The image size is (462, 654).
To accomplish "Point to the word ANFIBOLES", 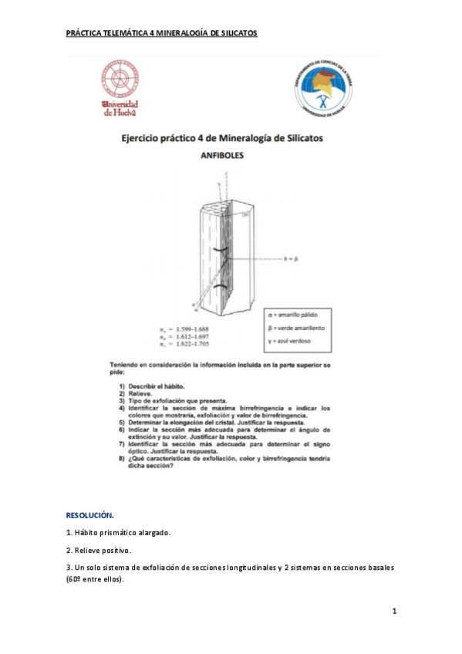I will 223,155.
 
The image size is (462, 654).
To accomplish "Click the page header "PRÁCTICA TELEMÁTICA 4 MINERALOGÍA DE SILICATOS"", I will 161,33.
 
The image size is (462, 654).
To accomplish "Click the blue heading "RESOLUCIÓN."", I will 90,514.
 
